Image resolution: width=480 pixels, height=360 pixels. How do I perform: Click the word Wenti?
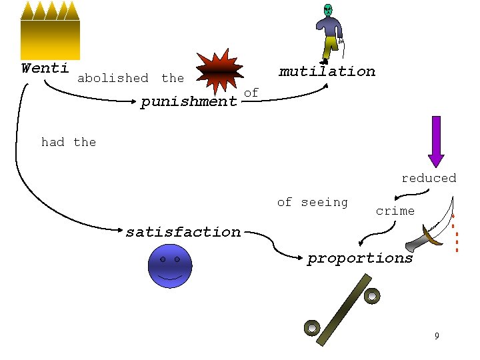click(45, 68)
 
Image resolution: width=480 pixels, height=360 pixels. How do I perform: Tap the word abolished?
click(113, 78)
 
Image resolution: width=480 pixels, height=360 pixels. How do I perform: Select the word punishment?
click(189, 102)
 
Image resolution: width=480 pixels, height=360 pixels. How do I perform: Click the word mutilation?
click(327, 71)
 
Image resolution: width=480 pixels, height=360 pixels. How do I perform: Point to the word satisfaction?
click(183, 232)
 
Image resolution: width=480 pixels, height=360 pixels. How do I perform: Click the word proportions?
click(360, 258)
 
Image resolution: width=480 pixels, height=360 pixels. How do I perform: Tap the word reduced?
click(429, 178)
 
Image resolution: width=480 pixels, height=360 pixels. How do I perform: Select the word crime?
click(395, 211)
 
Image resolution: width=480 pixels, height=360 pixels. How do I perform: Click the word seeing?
click(324, 202)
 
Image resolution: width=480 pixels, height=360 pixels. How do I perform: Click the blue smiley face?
click(169, 266)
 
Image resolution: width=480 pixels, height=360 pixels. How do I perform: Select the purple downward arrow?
click(436, 141)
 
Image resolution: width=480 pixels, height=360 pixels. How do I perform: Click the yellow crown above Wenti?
click(50, 30)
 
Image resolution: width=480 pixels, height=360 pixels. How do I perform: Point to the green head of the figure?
click(327, 9)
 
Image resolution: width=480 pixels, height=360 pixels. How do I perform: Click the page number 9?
click(436, 335)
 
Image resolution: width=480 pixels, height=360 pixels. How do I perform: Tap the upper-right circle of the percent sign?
click(372, 294)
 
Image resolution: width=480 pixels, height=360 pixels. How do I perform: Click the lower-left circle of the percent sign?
click(312, 327)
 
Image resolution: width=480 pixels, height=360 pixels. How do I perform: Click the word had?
click(53, 142)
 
